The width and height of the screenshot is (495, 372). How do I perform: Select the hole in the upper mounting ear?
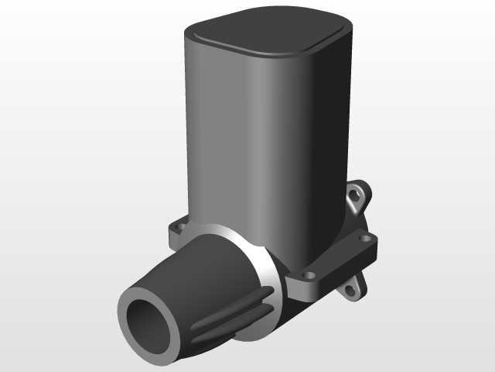pyautogui.click(x=358, y=197)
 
